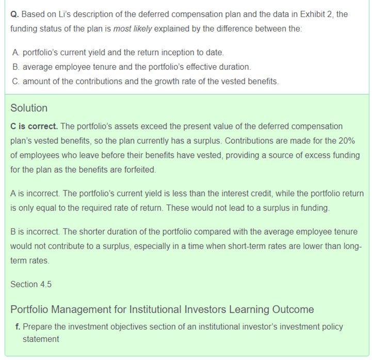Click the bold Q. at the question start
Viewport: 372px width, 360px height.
coord(15,14)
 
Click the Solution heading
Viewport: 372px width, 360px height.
coord(29,108)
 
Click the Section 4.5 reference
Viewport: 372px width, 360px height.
coord(31,284)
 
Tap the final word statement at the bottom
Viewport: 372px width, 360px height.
coord(41,339)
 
